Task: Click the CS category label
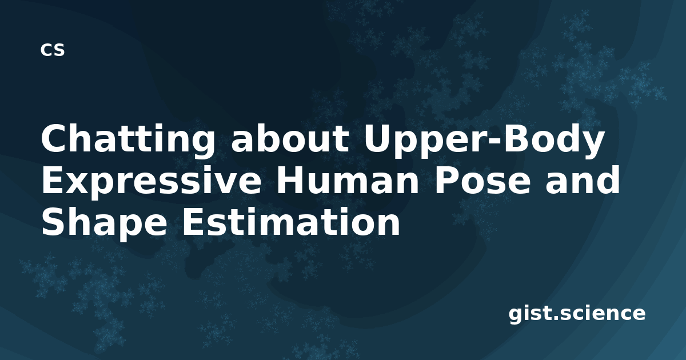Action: pyautogui.click(x=53, y=50)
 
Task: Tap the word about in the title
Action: pyautogui.click(x=290, y=139)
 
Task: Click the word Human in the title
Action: pyautogui.click(x=348, y=181)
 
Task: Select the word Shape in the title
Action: pyautogui.click(x=105, y=222)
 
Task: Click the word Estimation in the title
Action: pyautogui.click(x=291, y=221)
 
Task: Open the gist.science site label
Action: pyautogui.click(x=577, y=314)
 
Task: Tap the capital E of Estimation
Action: pyautogui.click(x=194, y=222)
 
